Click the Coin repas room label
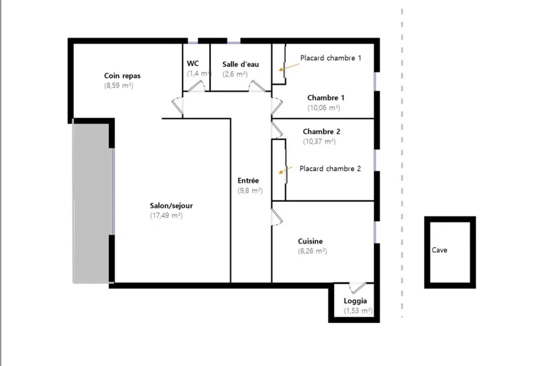click(x=122, y=76)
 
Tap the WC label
click(x=193, y=63)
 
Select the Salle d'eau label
click(x=241, y=64)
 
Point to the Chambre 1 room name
click(x=326, y=98)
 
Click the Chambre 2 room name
click(x=321, y=131)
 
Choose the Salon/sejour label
click(x=171, y=206)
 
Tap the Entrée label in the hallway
click(x=248, y=180)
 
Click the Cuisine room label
click(x=311, y=241)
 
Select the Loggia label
click(x=356, y=301)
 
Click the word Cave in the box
click(x=440, y=250)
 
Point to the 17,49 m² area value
click(x=166, y=215)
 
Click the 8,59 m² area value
click(x=119, y=86)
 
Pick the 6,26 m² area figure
click(x=313, y=251)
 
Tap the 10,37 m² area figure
click(x=319, y=141)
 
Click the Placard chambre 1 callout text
click(x=331, y=58)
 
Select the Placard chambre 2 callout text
click(x=330, y=169)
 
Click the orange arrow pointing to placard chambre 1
click(x=289, y=67)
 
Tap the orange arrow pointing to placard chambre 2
click(x=286, y=170)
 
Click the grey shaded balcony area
click(x=92, y=203)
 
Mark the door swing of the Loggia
click(x=357, y=287)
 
